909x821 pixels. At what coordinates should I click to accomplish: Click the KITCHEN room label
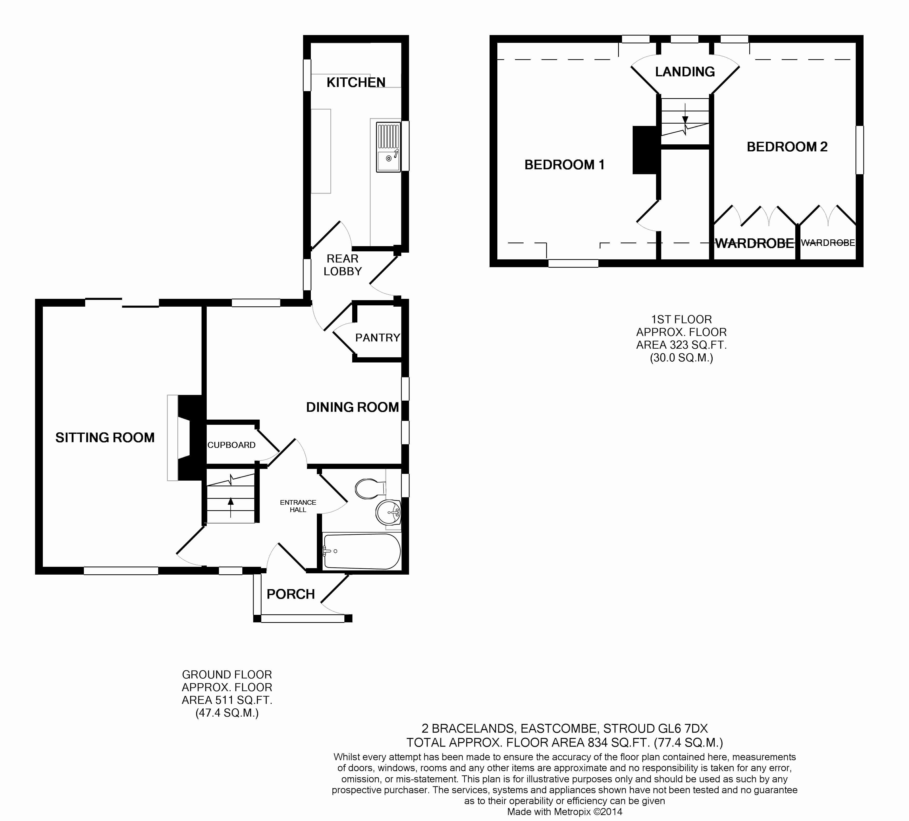point(356,83)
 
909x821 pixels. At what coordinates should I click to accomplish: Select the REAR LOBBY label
point(342,265)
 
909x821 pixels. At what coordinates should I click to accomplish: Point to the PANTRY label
point(377,338)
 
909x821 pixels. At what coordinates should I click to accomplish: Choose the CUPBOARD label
point(231,445)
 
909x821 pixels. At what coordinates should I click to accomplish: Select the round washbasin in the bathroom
point(388,512)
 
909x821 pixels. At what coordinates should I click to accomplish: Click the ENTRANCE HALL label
point(298,506)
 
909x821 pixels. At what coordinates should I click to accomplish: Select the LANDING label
point(685,72)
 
